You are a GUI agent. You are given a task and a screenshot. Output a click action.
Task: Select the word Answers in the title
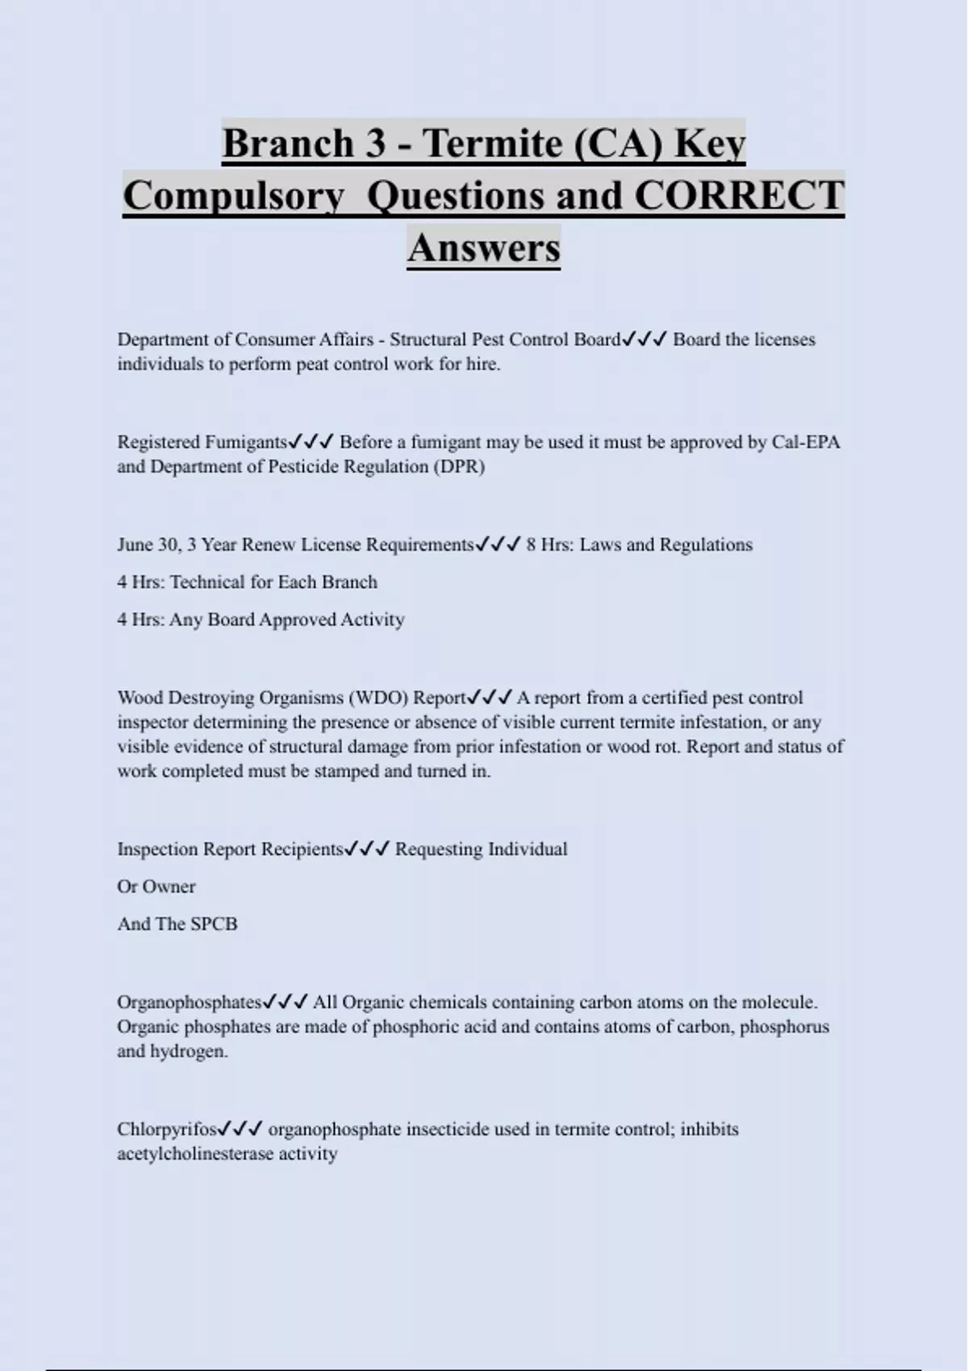483,247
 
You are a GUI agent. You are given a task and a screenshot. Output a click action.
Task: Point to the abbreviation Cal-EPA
806,442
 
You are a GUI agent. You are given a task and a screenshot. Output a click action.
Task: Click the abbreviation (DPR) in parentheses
459,466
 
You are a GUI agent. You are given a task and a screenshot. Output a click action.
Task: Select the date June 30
148,544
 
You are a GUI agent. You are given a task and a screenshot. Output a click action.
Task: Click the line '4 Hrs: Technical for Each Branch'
247,581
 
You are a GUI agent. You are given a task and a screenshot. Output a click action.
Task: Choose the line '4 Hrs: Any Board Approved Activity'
261,619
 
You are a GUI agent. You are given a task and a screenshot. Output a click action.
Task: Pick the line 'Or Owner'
156,886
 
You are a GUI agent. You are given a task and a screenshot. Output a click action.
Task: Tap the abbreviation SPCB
214,923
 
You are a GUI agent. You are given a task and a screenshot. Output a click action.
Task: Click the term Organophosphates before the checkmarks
190,1002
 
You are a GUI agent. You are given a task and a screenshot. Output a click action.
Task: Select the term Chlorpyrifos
167,1129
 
